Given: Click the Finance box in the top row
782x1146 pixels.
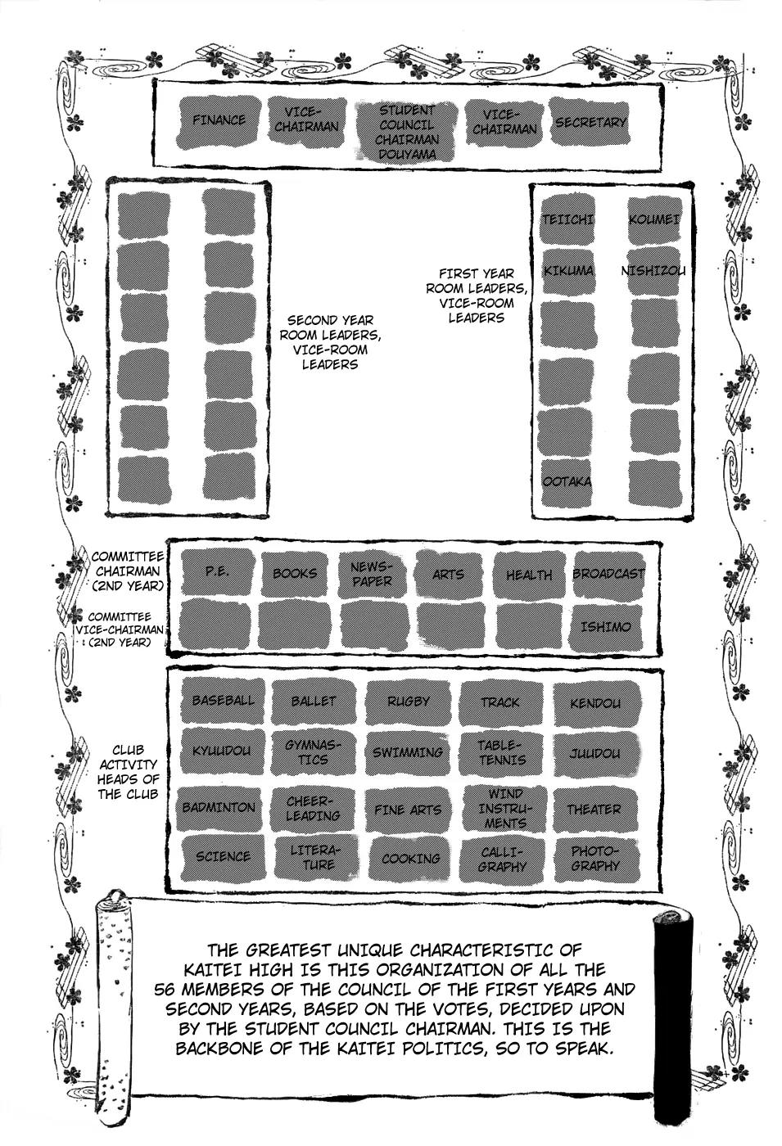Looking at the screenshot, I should coord(219,120).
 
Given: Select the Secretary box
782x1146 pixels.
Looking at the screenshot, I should coord(590,122).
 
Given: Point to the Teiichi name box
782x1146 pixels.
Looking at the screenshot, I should coord(567,219).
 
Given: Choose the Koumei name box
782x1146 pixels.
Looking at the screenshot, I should coord(653,219).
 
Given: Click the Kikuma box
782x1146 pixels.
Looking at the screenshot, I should coord(567,271).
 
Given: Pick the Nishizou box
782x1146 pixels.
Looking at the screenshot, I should coord(653,271).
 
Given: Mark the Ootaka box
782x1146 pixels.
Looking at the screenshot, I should coord(567,481).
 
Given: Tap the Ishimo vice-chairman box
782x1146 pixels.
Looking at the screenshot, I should coord(606,627).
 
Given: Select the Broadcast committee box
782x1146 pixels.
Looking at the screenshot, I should coord(608,574).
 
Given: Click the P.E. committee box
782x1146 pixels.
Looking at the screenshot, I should coord(217,571).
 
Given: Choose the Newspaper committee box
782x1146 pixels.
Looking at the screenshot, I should coord(371,573).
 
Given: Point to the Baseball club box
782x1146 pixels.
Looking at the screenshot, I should coord(223,701).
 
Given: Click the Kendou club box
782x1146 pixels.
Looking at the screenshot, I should coord(594,702).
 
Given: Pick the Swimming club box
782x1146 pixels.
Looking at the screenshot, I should coord(408,751).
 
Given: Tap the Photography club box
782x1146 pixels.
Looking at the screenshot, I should coord(595,859).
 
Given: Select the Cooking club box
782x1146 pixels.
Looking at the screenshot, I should coord(410,859).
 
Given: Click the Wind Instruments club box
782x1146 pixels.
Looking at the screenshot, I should coord(504,808).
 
